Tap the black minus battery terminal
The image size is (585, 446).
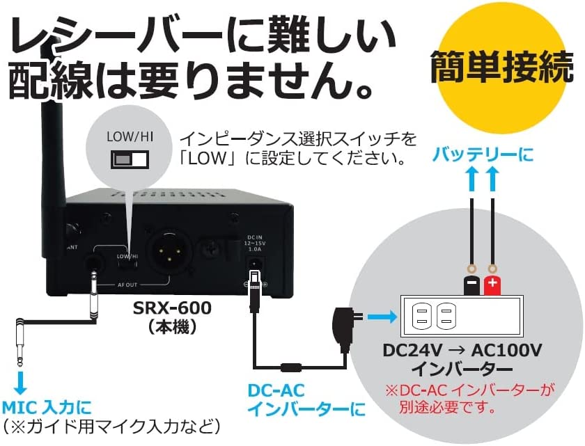pyautogui.click(x=470, y=282)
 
